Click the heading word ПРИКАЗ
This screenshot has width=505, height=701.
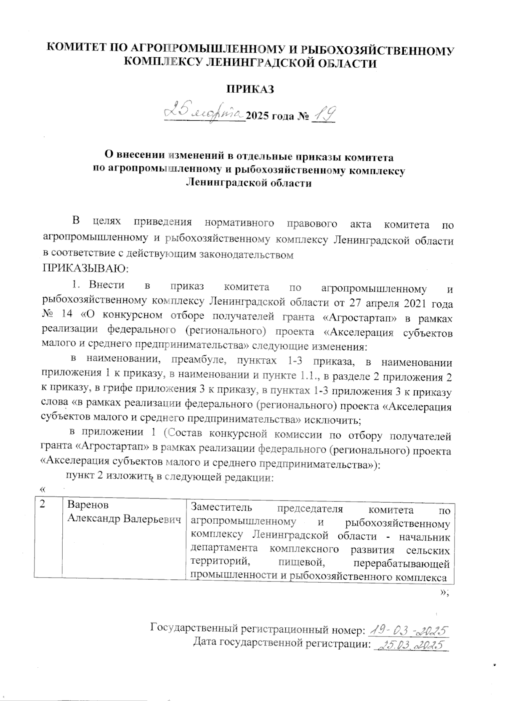click(x=250, y=89)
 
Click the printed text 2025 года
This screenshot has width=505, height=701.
click(x=269, y=116)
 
